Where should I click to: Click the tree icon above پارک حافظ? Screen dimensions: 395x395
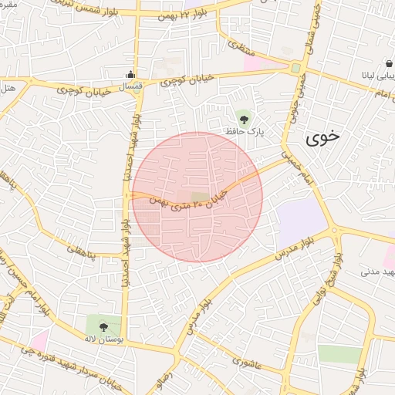pos(245,118)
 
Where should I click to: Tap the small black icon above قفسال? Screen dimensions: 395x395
pos(130,75)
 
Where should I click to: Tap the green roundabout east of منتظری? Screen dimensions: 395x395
pos(296,69)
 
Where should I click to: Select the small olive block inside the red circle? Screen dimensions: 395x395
pos(199,197)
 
